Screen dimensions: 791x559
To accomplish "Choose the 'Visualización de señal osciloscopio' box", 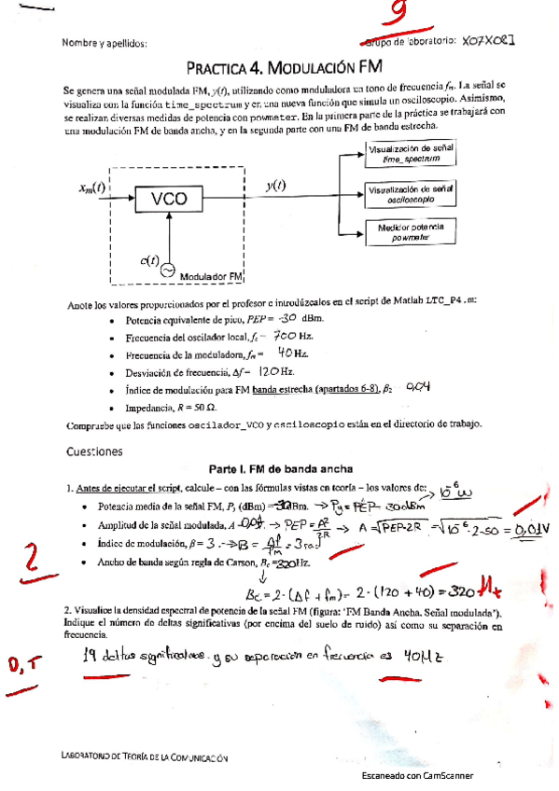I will click(412, 193).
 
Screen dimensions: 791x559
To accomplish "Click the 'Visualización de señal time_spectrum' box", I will click(412, 154).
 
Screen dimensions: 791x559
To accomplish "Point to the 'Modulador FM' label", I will click(211, 277).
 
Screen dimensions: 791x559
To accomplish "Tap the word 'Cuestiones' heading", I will click(94, 451).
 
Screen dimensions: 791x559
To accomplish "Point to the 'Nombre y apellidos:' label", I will click(104, 42).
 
